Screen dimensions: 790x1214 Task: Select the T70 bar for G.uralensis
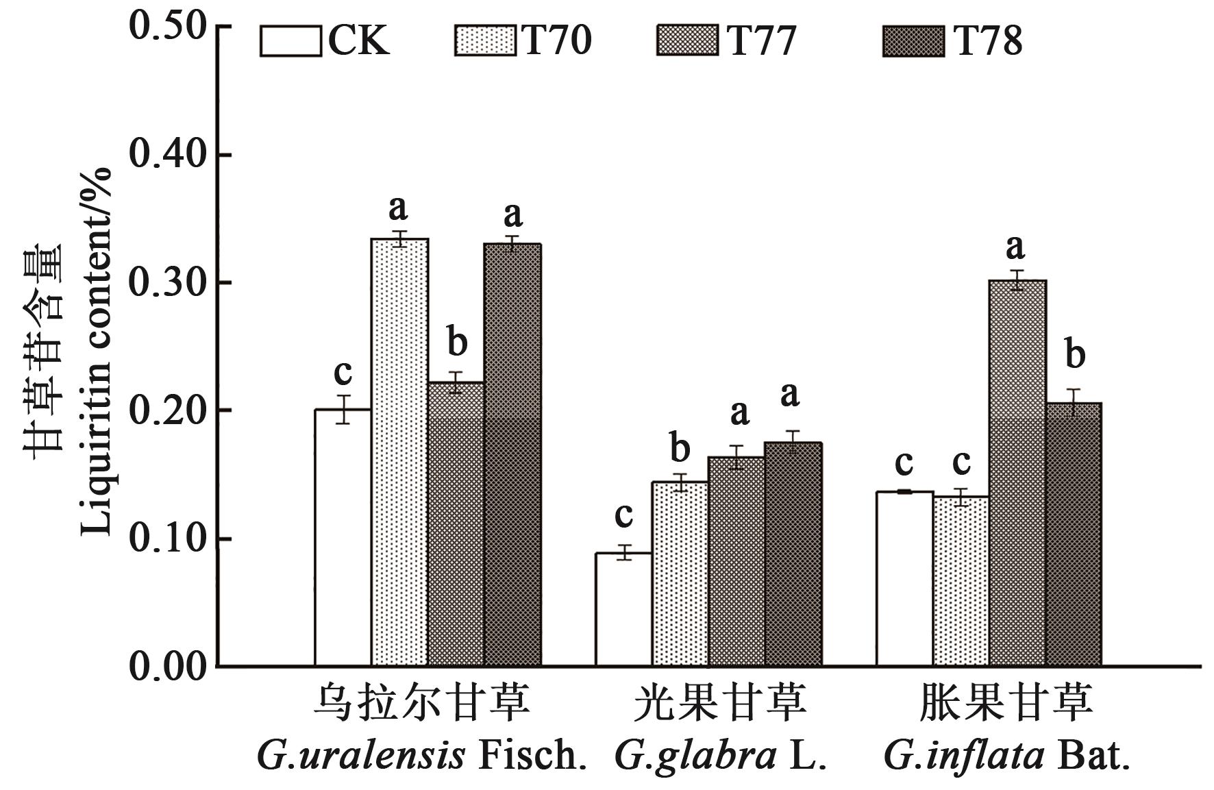[399, 452]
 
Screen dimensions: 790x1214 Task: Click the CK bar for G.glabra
[623, 609]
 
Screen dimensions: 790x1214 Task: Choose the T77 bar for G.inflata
[1017, 473]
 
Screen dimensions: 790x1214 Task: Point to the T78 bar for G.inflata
[1074, 534]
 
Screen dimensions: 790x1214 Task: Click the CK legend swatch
[290, 41]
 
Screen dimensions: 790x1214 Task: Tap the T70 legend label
[556, 41]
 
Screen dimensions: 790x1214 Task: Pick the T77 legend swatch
[686, 41]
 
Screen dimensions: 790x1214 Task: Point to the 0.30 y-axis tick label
[168, 283]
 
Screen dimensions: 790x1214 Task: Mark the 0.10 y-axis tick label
[168, 539]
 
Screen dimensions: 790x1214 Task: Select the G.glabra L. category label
[720, 756]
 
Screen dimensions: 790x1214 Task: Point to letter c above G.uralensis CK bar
[343, 373]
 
